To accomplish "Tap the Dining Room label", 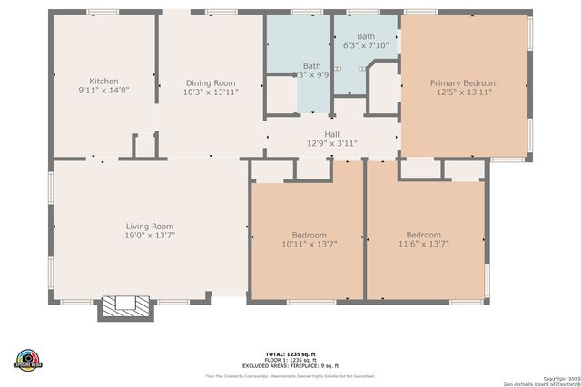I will (211, 82).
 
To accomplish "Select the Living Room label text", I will (149, 227).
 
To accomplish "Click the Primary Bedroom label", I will (464, 83).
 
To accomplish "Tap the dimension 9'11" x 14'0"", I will (104, 92).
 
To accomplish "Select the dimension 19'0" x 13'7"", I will (149, 236).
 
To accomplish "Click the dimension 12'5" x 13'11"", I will (464, 92).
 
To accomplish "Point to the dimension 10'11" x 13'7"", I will (308, 243).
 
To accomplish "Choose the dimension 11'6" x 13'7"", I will (424, 243).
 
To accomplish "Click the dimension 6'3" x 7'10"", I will (365, 45).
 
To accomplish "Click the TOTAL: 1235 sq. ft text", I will (290, 353).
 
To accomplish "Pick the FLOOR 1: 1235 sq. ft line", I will (290, 359).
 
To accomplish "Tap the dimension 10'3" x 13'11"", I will (211, 92).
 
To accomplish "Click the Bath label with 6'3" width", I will (365, 36).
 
